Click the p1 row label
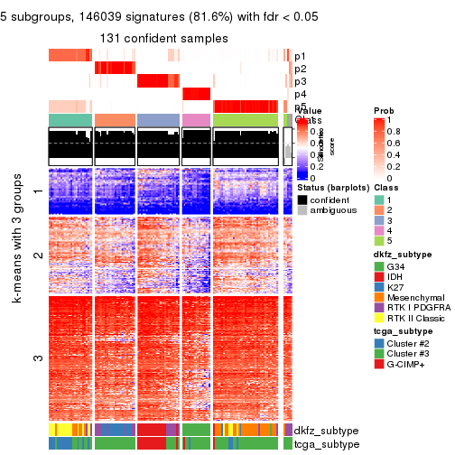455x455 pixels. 300,56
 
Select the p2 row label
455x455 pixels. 300,69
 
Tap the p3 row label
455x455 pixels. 300,81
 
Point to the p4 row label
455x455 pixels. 300,94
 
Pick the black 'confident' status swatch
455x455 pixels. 302,198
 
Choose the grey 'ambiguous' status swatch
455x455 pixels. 302,210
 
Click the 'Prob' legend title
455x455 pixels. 384,109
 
